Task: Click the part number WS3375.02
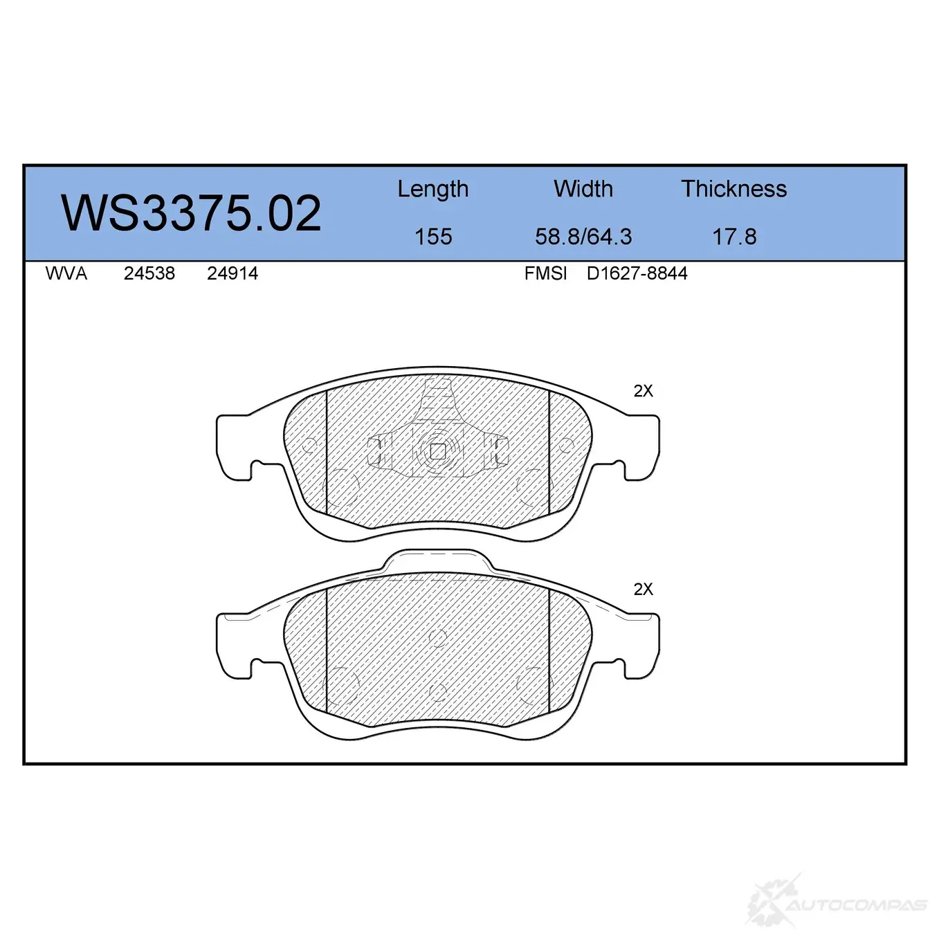click(190, 213)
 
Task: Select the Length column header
click(433, 189)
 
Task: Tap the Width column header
click(583, 189)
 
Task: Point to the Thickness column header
click(733, 189)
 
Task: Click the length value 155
click(433, 237)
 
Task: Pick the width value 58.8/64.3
click(583, 237)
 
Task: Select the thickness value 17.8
click(734, 237)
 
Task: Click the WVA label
click(66, 273)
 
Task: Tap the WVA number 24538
click(149, 273)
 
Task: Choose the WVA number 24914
click(232, 273)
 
